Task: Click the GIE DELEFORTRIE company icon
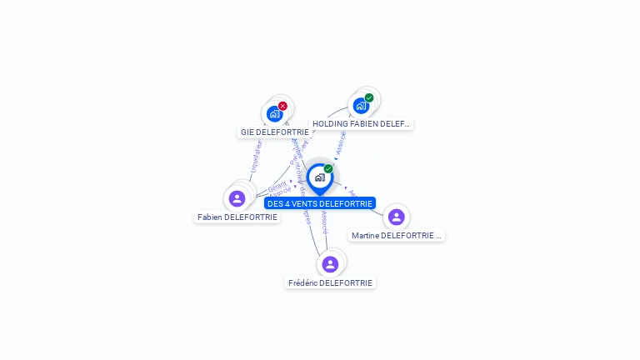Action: point(274,114)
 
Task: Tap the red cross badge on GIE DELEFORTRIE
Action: point(282,106)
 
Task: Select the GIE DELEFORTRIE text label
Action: point(275,132)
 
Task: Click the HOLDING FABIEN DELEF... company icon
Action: point(361,106)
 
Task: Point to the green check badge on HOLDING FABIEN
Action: point(369,97)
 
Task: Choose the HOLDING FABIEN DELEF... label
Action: point(362,123)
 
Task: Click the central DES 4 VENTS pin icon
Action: point(319,177)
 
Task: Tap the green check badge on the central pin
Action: point(328,169)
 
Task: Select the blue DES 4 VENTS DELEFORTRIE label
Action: point(320,203)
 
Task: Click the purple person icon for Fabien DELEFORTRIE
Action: point(237,198)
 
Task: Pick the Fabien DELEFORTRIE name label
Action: point(237,217)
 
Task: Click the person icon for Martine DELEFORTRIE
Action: point(396,217)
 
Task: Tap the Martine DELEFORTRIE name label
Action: point(396,235)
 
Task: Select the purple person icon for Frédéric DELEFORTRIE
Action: point(330,264)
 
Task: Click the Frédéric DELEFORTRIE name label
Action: point(330,282)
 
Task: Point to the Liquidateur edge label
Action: point(257,156)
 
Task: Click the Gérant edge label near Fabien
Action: point(277,187)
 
